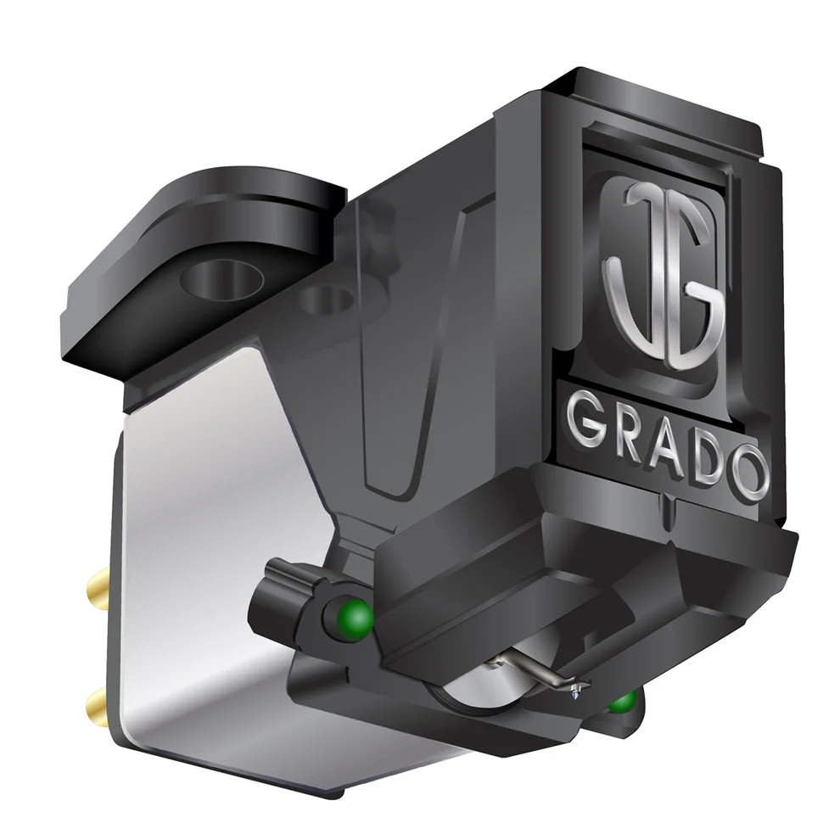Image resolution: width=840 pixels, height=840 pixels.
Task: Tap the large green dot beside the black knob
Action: point(353,617)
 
